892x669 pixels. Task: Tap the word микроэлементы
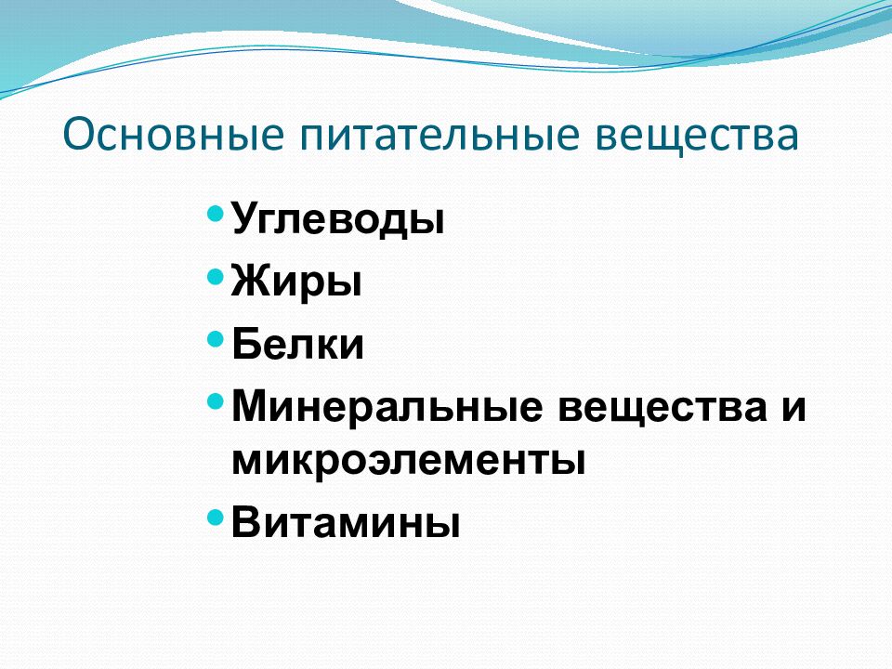coord(409,461)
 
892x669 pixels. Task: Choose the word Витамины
coord(346,522)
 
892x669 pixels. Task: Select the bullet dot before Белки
coord(215,338)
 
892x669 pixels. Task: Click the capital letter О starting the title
coord(78,135)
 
